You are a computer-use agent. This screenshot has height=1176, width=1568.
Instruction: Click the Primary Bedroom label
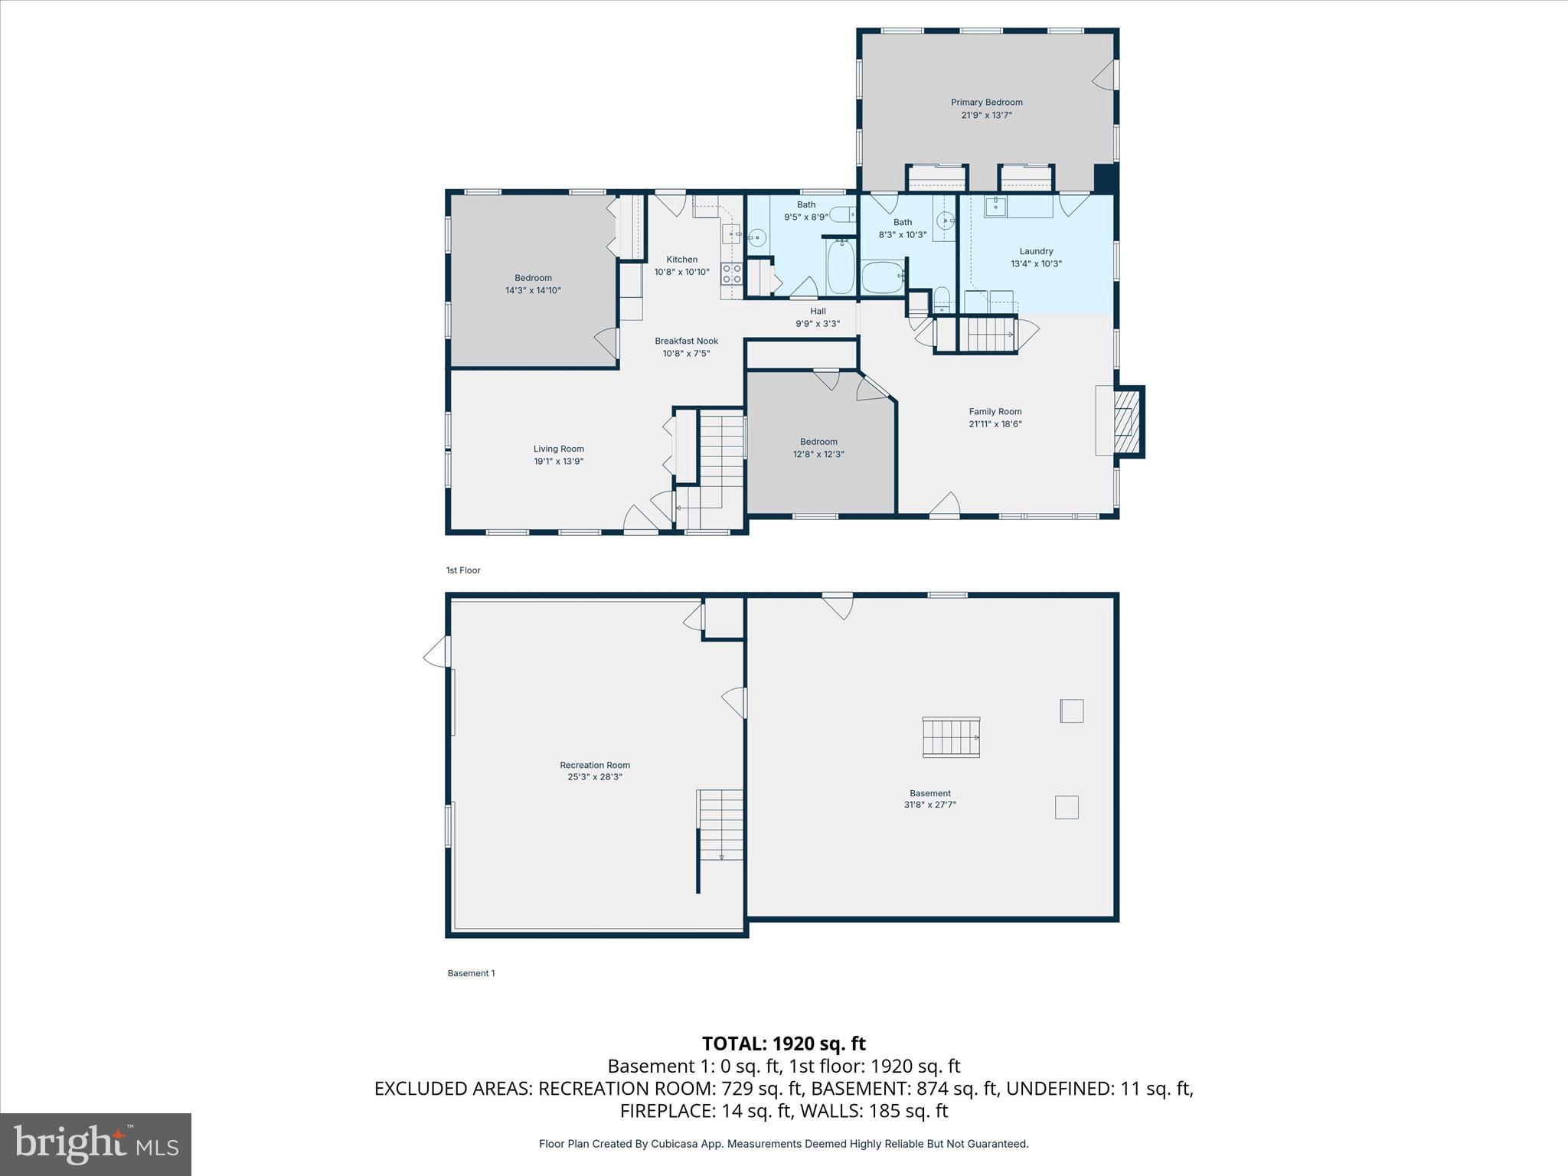986,103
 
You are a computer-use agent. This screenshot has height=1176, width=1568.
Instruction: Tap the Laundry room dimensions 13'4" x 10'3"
1036,264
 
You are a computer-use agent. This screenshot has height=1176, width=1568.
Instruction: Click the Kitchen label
681,260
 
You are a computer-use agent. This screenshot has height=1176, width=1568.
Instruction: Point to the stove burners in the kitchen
732,274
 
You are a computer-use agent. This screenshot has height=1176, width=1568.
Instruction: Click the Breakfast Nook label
686,341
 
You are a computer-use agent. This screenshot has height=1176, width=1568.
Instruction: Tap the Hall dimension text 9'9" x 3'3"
818,324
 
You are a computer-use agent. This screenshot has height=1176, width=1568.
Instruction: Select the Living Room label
558,449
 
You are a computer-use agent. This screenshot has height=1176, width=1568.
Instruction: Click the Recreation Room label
595,765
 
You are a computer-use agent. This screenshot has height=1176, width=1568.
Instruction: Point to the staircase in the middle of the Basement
951,737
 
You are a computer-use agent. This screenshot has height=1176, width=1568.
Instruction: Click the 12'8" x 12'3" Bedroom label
818,442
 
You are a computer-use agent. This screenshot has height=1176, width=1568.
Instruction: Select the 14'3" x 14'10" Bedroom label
533,278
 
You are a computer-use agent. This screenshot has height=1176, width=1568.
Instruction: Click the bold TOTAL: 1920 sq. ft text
783,1044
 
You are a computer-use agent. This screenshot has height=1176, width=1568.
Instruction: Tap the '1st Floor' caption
463,570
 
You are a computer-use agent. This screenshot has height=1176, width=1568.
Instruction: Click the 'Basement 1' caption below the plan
471,973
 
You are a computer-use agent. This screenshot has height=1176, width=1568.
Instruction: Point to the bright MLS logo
96,1145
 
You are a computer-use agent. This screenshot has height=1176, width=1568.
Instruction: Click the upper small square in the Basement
1071,710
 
